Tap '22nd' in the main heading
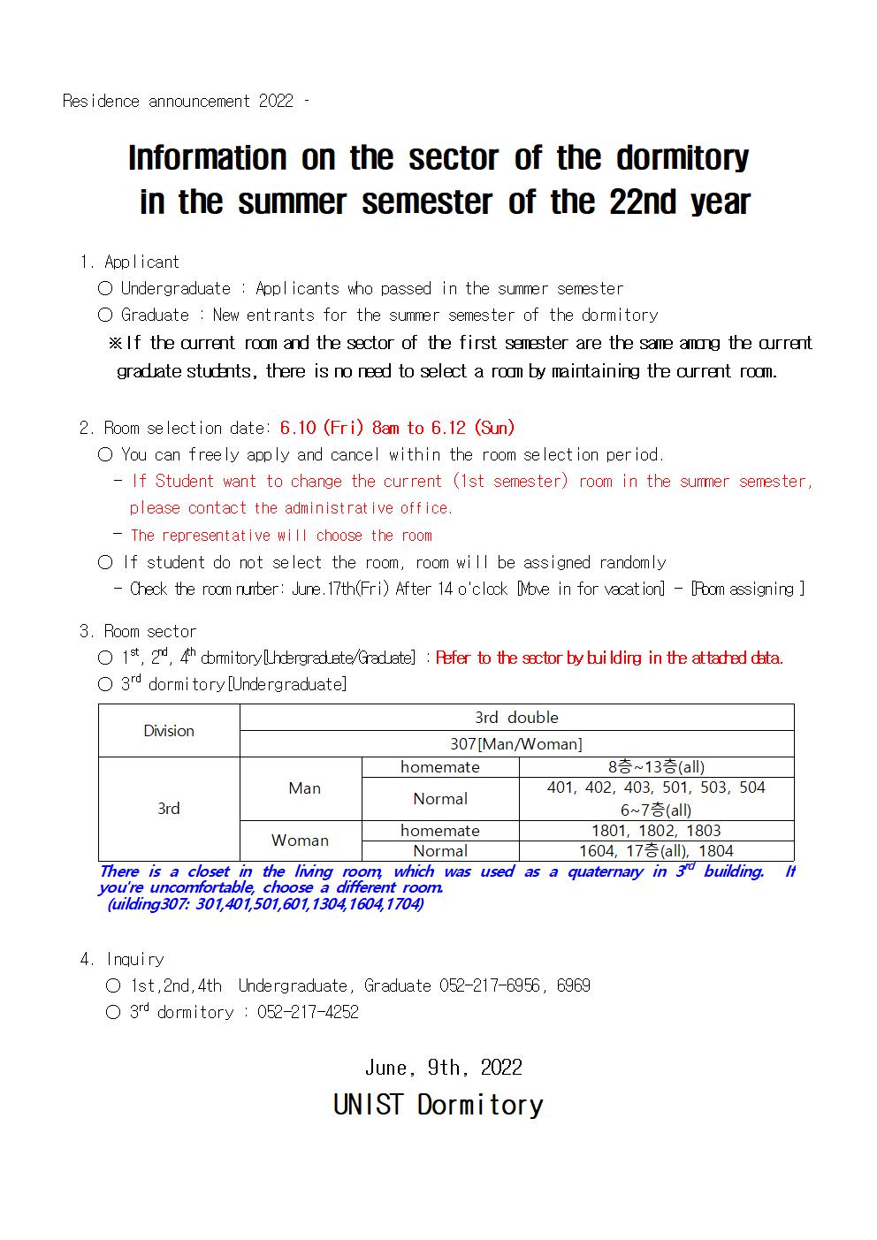(x=644, y=202)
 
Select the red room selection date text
(x=397, y=428)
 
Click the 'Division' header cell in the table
(x=169, y=731)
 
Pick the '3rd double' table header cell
(x=516, y=718)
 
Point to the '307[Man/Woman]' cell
(x=516, y=744)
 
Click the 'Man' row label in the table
(x=304, y=788)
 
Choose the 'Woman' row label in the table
(x=300, y=841)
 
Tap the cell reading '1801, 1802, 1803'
(x=656, y=831)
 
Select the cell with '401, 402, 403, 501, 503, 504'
(x=656, y=787)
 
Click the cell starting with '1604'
(x=656, y=851)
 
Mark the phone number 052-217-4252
(x=308, y=1013)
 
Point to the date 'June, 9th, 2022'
(x=443, y=1068)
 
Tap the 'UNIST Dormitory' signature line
(x=438, y=1105)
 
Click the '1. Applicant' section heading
(x=129, y=262)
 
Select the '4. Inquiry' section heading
(x=122, y=960)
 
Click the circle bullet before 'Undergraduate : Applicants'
(x=105, y=288)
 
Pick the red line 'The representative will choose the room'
(x=281, y=536)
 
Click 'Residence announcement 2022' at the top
(x=178, y=102)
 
